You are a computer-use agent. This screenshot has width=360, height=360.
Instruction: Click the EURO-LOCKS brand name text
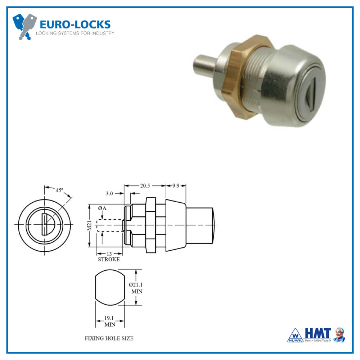tap(75, 24)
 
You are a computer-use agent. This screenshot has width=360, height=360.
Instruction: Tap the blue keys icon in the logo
tap(24, 26)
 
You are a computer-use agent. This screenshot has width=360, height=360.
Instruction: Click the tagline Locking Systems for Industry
tap(75, 33)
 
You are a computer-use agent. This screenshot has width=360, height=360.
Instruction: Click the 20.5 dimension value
tap(145, 186)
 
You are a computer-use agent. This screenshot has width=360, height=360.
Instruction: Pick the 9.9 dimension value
tap(176, 186)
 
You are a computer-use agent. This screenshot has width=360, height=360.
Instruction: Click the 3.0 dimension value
tap(109, 193)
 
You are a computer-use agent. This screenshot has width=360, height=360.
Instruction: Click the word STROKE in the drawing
tap(109, 259)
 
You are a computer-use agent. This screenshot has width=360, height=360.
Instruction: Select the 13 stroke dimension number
tap(109, 253)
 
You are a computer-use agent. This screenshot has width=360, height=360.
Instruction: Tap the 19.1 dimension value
tap(109, 318)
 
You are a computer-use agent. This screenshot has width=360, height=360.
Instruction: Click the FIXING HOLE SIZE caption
tap(109, 338)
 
